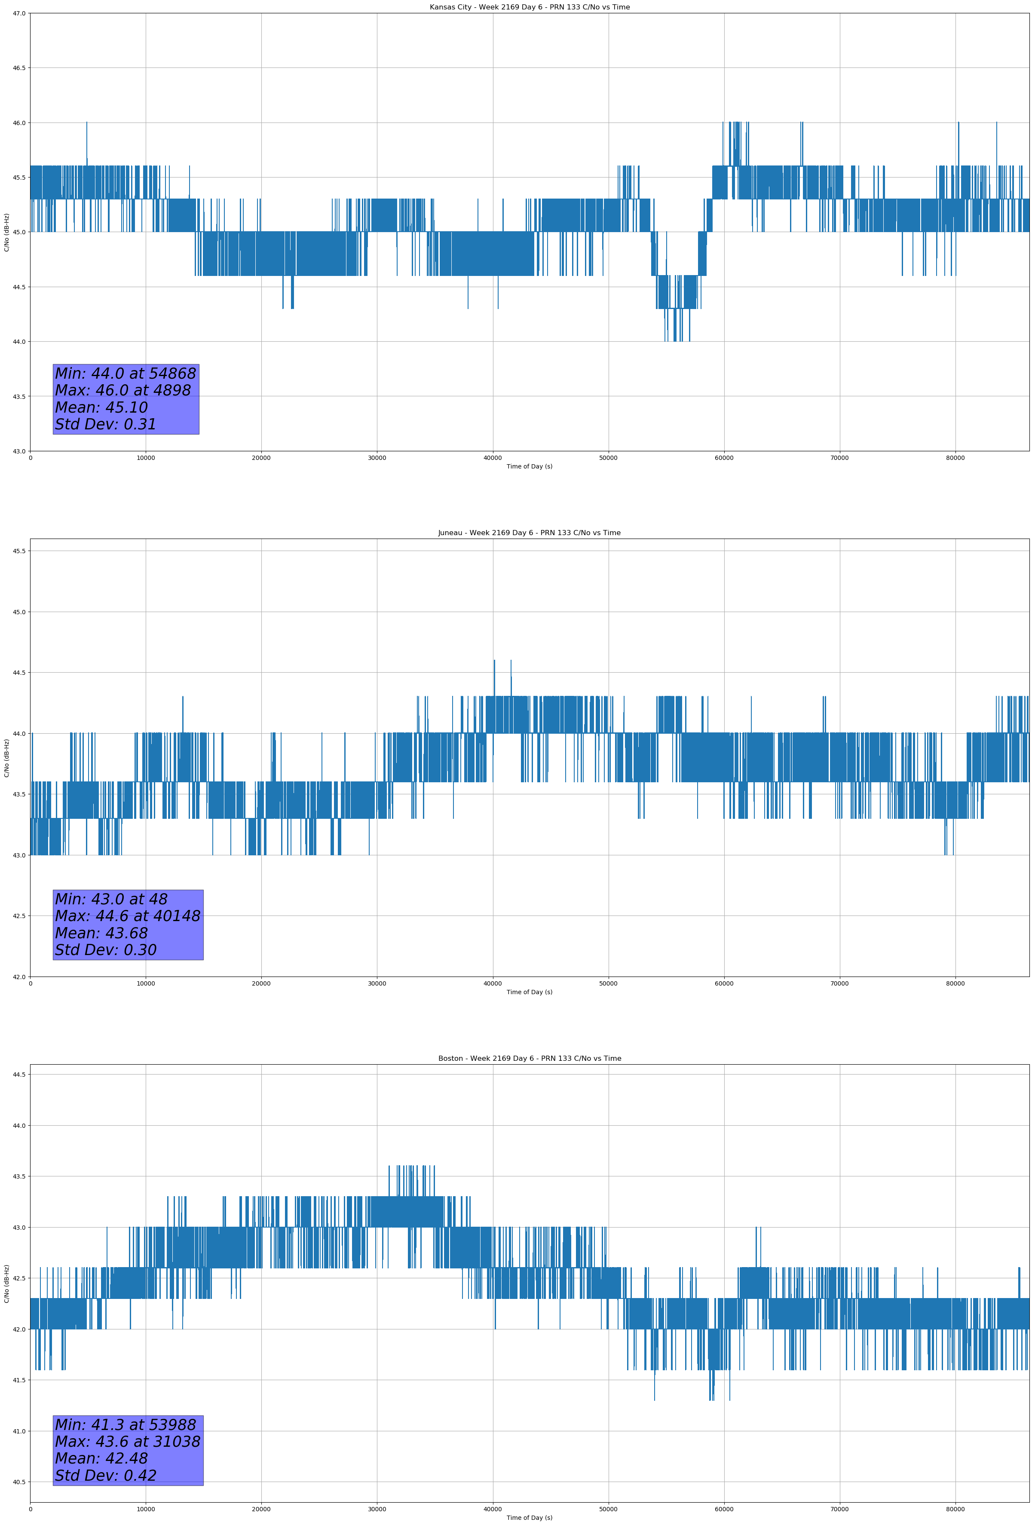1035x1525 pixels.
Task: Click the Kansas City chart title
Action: [x=529, y=7]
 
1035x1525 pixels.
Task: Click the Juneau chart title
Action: [x=529, y=533]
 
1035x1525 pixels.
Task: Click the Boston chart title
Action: [x=529, y=1059]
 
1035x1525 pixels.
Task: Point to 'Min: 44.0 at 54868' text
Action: [x=126, y=374]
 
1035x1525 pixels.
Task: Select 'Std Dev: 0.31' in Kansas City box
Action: [x=106, y=425]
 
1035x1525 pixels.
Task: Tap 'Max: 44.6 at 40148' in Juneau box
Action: [x=127, y=916]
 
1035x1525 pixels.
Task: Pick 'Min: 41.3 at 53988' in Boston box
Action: [x=126, y=1424]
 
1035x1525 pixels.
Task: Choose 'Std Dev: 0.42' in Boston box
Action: [x=106, y=1476]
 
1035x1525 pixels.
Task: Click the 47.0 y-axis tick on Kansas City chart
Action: [x=19, y=13]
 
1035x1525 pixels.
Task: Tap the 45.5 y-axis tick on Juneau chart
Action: [x=19, y=551]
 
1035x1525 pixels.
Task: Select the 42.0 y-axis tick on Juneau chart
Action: [x=19, y=977]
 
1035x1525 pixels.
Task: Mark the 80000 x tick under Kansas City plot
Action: [x=955, y=458]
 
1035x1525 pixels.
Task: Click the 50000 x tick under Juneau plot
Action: [x=608, y=983]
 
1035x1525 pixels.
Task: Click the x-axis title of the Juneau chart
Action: [x=529, y=992]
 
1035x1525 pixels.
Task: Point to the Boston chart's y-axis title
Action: [x=6, y=1283]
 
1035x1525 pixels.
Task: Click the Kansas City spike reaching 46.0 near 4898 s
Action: [x=87, y=125]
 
